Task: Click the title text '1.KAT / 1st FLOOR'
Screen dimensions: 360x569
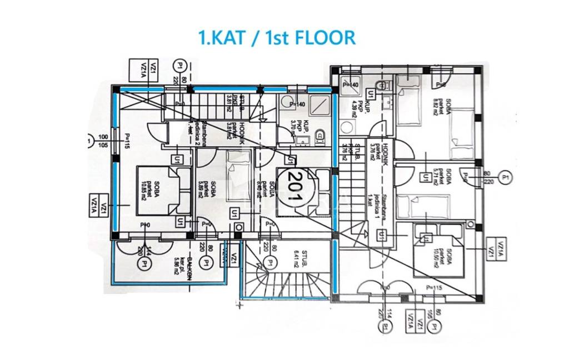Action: pyautogui.click(x=277, y=37)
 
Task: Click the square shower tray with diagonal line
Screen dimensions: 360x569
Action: pyautogui.click(x=321, y=104)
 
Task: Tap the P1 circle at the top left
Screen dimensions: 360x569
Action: pyautogui.click(x=179, y=66)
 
